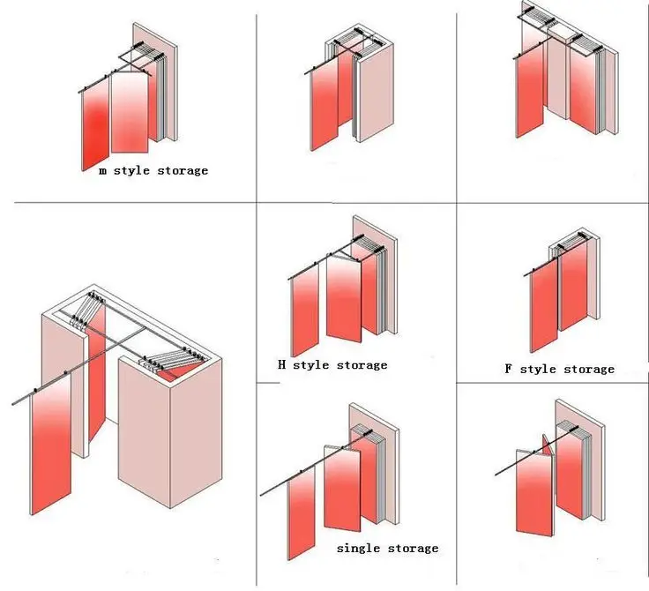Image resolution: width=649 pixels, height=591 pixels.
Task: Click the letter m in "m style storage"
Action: point(102,170)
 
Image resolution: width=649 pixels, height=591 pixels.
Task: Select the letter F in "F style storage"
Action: point(509,369)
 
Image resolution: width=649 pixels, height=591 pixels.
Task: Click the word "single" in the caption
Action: point(358,549)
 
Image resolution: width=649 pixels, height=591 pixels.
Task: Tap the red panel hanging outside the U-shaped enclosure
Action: point(51,454)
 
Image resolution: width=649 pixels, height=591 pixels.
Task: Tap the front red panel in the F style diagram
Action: point(544,304)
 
